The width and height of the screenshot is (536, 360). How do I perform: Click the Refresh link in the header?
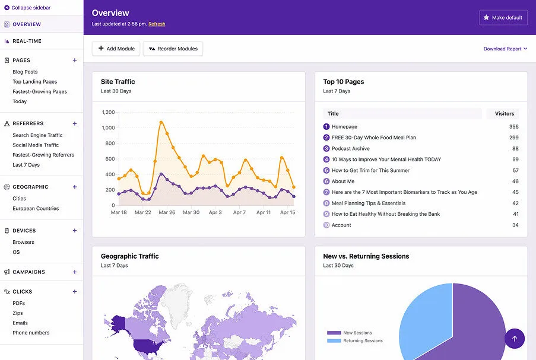click(157, 24)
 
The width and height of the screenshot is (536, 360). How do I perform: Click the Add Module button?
click(116, 49)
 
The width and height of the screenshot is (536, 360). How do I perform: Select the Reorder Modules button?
click(173, 49)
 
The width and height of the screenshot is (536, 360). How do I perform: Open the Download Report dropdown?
click(505, 49)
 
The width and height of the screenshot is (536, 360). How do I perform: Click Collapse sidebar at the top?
click(27, 8)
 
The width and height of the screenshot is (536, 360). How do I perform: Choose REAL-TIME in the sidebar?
click(27, 41)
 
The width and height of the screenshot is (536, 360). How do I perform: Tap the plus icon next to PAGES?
click(75, 60)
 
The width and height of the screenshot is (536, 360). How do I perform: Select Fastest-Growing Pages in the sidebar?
click(40, 91)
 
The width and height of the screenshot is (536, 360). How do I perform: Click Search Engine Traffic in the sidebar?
click(37, 135)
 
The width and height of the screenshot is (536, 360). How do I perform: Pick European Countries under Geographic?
click(36, 208)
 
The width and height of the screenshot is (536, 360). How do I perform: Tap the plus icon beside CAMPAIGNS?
click(75, 272)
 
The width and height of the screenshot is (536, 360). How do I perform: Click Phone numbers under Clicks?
click(31, 333)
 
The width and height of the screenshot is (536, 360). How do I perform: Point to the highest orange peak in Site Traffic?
click(161, 122)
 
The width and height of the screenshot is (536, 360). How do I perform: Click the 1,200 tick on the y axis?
click(109, 112)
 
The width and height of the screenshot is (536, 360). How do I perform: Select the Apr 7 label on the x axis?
click(239, 212)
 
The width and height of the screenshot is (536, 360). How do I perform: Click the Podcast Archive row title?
click(350, 149)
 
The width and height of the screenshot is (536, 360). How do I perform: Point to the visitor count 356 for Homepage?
click(514, 127)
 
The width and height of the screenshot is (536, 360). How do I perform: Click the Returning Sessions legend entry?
click(355, 341)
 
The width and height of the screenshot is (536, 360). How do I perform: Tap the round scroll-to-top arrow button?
click(515, 339)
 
